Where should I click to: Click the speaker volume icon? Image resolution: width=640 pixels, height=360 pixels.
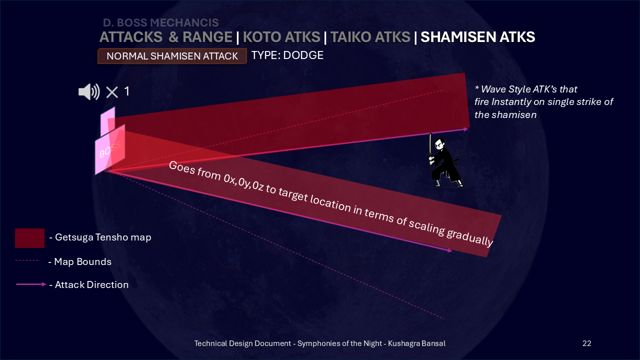click(x=89, y=91)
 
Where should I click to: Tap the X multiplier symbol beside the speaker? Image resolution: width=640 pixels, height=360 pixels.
click(x=112, y=92)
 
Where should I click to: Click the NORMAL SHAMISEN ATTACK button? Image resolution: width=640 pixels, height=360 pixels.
click(x=172, y=56)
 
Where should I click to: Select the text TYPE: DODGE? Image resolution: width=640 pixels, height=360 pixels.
click(x=287, y=55)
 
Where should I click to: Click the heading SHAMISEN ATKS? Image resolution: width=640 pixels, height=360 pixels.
click(x=477, y=37)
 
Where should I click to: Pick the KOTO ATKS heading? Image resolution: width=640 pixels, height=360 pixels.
click(x=281, y=37)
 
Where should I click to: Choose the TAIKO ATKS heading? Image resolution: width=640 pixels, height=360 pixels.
click(x=370, y=37)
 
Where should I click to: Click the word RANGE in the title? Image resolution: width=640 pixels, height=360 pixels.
click(x=207, y=37)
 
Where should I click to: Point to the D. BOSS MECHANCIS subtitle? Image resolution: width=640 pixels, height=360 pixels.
click(x=161, y=22)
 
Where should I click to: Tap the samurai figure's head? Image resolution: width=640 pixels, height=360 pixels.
click(x=439, y=143)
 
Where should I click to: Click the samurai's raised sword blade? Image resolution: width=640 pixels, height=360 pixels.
click(x=430, y=144)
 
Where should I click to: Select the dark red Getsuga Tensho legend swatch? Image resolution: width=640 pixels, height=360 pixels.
click(x=29, y=238)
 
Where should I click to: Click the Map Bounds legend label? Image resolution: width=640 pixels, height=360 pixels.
click(x=79, y=261)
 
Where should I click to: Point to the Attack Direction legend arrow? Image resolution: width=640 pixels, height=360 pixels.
click(x=31, y=284)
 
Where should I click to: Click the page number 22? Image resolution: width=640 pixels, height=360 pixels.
click(x=587, y=343)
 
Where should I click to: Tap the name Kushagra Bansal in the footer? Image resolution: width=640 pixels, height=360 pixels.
click(x=416, y=343)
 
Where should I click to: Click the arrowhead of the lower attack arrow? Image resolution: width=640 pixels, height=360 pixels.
click(x=450, y=250)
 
